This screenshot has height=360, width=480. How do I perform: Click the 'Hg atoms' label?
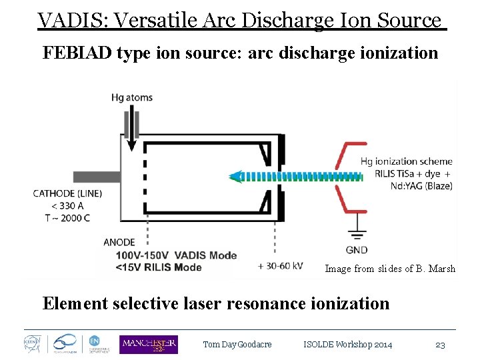coord(132,97)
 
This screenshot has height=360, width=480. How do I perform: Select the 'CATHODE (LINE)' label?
coord(65,193)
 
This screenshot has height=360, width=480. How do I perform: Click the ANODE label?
coord(119,242)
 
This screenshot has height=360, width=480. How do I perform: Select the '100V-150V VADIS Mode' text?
coord(176,255)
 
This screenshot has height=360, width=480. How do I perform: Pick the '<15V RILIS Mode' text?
coord(158,267)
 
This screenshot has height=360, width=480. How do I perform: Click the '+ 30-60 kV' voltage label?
coord(283,265)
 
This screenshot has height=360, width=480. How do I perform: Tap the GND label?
coord(357,250)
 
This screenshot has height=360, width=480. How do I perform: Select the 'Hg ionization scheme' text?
coord(406,161)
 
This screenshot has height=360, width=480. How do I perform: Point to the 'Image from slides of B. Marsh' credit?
coord(390,269)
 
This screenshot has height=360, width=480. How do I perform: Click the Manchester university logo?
coord(148,344)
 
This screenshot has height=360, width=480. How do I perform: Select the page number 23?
coord(440,345)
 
